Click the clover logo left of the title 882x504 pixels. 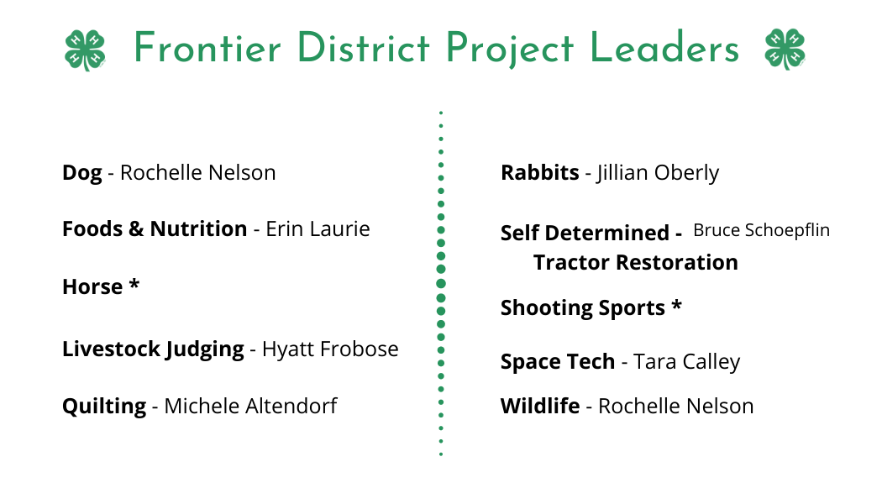(85, 50)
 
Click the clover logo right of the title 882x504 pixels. (785, 49)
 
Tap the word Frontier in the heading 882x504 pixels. (207, 49)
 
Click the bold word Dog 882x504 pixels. (82, 173)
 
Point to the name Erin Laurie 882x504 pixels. (318, 229)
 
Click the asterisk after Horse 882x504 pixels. (134, 284)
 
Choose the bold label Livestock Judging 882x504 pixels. (153, 349)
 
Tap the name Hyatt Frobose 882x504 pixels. (330, 349)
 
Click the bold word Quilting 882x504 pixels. (104, 406)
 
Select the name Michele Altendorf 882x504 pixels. (250, 406)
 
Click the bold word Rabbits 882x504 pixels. (540, 173)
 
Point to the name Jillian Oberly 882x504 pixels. (658, 173)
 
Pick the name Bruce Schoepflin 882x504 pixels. (761, 230)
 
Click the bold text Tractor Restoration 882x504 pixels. (636, 262)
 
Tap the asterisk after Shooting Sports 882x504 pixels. (677, 305)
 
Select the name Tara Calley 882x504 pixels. (687, 362)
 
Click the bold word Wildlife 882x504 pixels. (540, 406)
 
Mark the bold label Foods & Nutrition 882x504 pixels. (155, 229)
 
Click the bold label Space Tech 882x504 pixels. (558, 362)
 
